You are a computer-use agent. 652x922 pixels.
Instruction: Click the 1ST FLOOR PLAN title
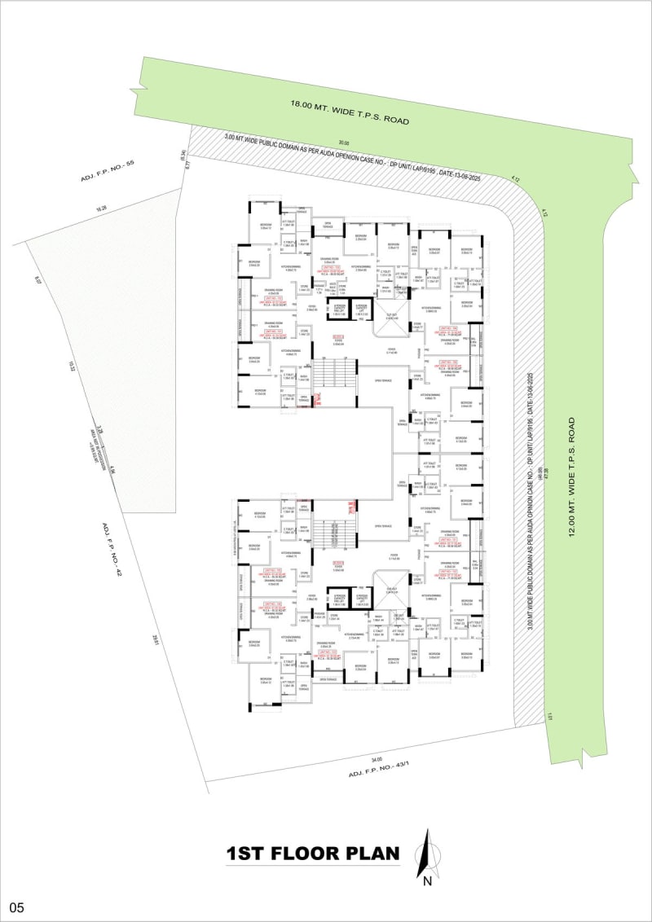click(x=314, y=854)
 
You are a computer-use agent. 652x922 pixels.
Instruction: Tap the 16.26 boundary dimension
click(x=101, y=209)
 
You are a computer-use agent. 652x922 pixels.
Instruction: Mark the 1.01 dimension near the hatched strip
click(x=551, y=716)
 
